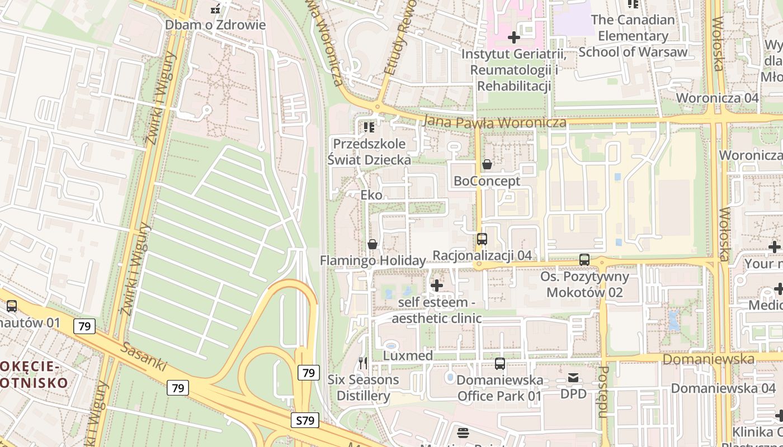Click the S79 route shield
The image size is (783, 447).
tap(305, 420)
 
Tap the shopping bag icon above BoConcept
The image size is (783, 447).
tap(487, 164)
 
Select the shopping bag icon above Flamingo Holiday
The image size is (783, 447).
tap(372, 244)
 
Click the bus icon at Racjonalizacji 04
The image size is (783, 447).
tap(482, 239)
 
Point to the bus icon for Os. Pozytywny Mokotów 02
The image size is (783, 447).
tap(584, 260)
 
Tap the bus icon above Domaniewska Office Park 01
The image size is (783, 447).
tap(500, 364)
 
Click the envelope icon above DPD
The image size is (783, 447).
tap(573, 378)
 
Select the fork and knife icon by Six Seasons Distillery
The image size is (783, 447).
tap(363, 364)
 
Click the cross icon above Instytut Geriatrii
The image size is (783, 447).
tap(513, 37)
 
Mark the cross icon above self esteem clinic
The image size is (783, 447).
tap(437, 286)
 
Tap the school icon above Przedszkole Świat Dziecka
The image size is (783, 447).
tap(369, 127)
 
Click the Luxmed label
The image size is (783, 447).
tap(408, 356)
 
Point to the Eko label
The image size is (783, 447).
tap(371, 195)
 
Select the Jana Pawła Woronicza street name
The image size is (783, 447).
tap(495, 121)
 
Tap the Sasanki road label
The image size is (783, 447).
tap(144, 357)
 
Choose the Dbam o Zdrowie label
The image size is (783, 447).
tap(215, 25)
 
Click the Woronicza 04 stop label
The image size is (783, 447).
tap(717, 98)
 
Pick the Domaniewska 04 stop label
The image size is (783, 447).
tap(723, 388)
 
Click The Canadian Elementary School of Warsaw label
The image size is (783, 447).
tap(633, 36)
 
